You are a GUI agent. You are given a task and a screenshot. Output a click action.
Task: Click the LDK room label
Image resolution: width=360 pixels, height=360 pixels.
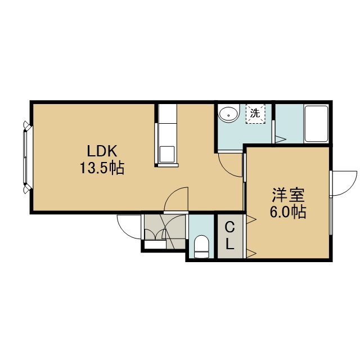click(102, 151)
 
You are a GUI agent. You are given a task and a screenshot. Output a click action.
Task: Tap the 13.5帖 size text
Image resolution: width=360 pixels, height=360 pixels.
click(102, 168)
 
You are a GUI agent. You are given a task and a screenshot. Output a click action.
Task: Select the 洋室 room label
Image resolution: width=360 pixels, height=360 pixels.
click(288, 195)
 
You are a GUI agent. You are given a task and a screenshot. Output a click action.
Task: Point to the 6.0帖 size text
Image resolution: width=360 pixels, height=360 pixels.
click(288, 212)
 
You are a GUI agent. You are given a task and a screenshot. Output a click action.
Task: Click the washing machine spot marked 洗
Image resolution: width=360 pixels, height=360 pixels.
click(255, 114)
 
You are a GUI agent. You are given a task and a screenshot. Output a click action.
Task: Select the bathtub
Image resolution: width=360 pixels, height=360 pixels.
click(316, 124)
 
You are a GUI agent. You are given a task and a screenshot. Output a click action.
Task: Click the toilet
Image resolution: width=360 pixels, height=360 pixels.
click(201, 247)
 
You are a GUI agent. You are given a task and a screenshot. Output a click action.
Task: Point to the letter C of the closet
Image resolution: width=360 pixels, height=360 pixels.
click(230, 228)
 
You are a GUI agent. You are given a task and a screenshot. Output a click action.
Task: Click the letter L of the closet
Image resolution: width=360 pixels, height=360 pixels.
click(230, 244)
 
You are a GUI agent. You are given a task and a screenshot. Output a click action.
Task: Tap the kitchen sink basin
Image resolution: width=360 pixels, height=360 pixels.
click(167, 154)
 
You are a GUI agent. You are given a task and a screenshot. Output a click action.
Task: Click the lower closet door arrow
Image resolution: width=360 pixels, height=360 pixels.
click(251, 254)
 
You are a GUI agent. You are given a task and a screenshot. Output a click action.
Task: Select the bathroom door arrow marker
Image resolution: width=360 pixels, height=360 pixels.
click(280, 139)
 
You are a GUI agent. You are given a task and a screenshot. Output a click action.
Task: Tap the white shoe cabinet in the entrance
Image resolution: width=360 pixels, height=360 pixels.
click(155, 244)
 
